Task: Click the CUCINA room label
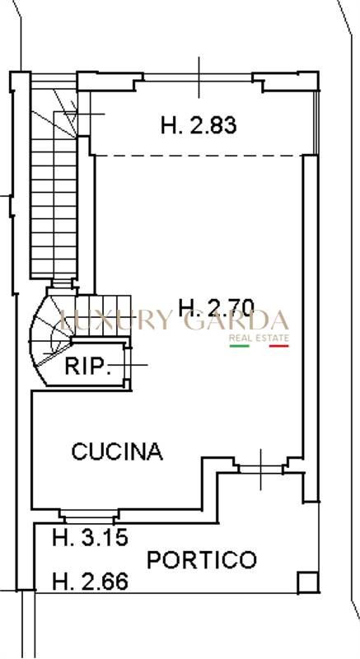tap(117, 451)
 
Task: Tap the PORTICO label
tap(202, 560)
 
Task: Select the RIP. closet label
tap(87, 366)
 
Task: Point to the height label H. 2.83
tap(199, 125)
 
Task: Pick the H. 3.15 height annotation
tap(90, 538)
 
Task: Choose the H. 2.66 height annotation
tap(90, 582)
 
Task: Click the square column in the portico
tap(308, 582)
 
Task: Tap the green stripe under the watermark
tap(240, 346)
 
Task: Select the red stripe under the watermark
tap(279, 346)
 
